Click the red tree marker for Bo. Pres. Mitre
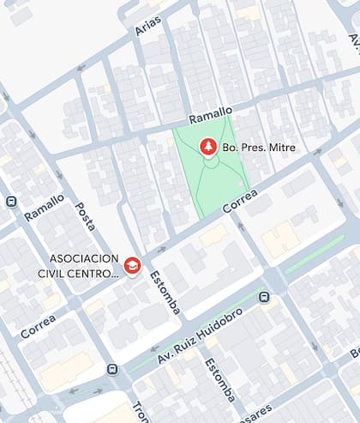click(207, 148)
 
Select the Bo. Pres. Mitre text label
click(259, 148)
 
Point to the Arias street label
click(147, 25)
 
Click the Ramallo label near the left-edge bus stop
click(45, 208)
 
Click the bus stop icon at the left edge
click(10, 202)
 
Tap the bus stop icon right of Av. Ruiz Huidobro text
click(265, 297)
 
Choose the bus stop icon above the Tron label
click(112, 369)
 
